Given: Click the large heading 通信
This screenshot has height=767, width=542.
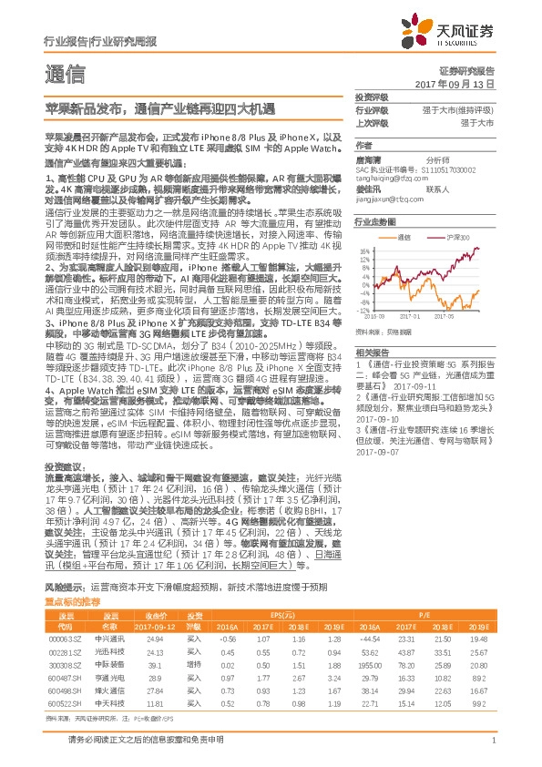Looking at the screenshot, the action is [66, 73].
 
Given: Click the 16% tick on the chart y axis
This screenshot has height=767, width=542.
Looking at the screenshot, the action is [363, 250].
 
